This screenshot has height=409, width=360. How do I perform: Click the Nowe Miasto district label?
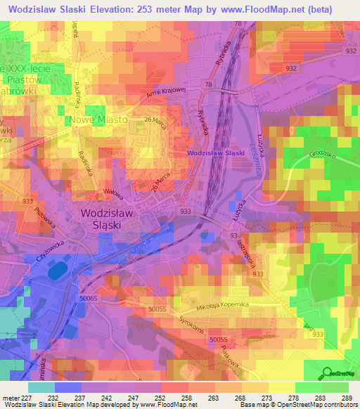tap(98, 120)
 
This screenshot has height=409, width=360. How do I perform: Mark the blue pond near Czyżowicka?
tap(58, 268)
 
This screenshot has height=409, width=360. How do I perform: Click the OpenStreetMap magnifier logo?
tap(326, 373)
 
